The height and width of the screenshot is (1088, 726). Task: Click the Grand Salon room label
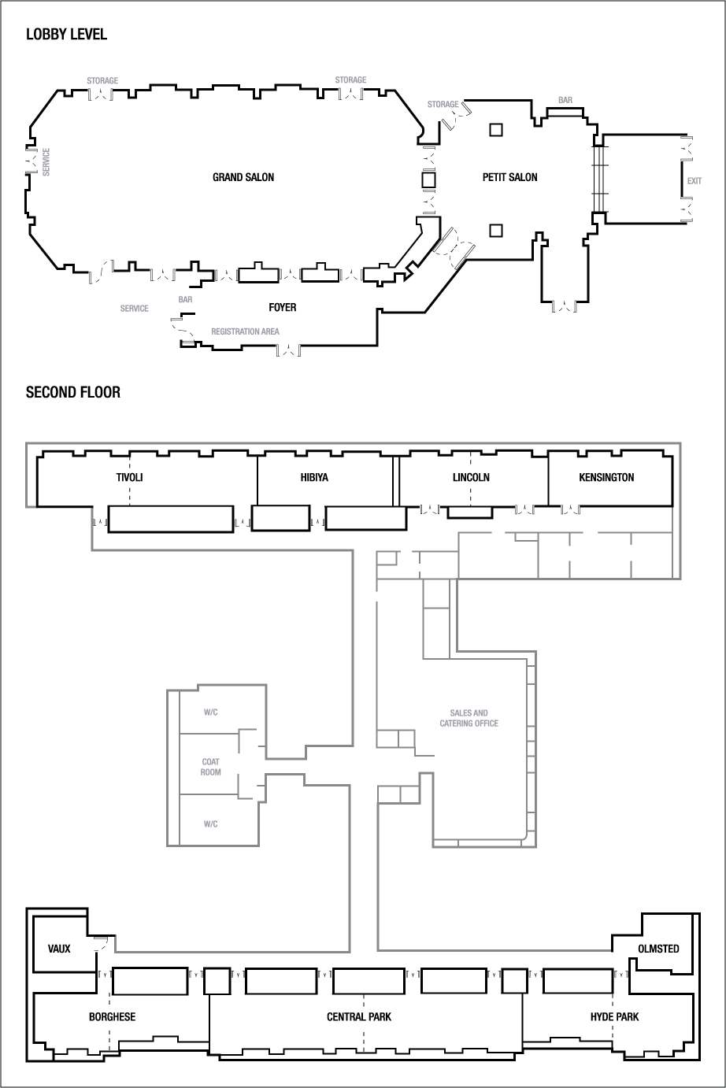pos(243,177)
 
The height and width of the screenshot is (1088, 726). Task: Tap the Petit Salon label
pos(509,177)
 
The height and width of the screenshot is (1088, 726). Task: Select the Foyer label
pos(282,307)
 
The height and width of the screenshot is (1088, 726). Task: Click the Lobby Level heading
pos(66,35)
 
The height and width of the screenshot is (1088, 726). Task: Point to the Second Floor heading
pos(73,392)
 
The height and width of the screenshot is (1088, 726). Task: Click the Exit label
pos(694,181)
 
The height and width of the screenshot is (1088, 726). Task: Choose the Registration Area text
pos(245,331)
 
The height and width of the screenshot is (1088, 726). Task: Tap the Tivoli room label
pos(129,477)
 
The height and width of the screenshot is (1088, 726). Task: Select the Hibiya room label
pos(314,477)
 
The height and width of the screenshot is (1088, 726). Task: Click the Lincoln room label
pos(471,477)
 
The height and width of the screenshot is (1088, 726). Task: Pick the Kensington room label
pos(606,477)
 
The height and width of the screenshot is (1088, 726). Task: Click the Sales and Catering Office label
pos(469,718)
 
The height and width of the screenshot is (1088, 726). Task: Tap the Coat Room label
pos(211,767)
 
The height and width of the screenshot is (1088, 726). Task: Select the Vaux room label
pos(59,948)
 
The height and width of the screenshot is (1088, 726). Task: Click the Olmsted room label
pos(657,948)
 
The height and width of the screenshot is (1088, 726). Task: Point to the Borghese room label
pos(112,1016)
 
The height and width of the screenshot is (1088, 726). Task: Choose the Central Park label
pos(359,1016)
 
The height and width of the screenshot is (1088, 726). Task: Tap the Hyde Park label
pos(614,1016)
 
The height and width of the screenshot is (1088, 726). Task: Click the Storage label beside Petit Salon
pos(443,104)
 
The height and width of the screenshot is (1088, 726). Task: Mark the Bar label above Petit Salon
pos(565,101)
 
